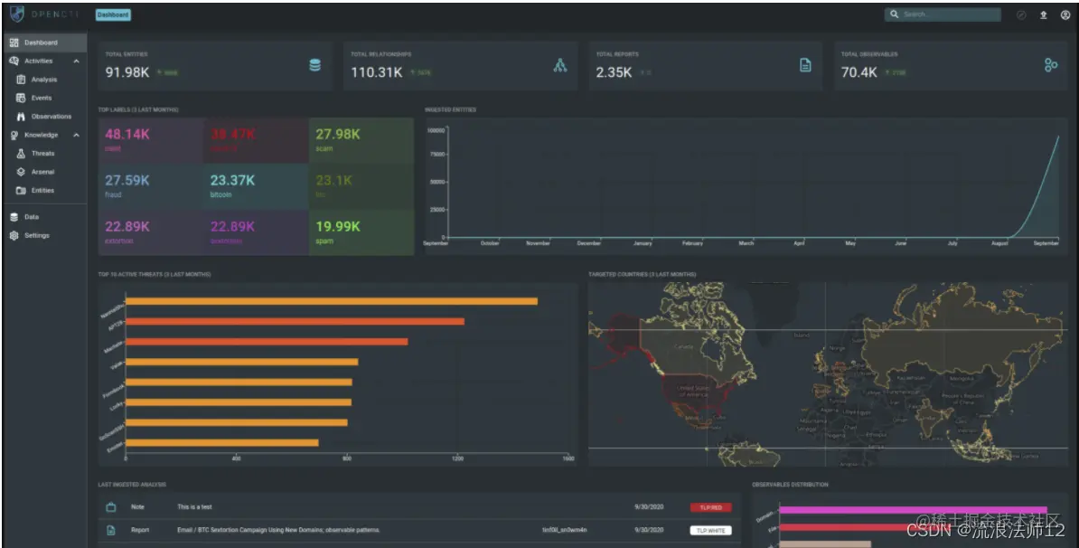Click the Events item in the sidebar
42,98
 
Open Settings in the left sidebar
37,235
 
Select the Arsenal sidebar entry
42,172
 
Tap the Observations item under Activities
51,117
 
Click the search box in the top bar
944,14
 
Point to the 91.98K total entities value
127,72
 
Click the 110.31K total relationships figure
376,72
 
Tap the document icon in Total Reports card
805,65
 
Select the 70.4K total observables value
859,72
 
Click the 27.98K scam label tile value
337,134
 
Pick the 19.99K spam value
337,226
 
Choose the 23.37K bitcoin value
232,180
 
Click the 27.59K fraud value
127,180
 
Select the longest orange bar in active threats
331,301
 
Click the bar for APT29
295,321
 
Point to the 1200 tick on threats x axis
457,458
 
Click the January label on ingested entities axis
643,243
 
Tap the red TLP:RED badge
710,507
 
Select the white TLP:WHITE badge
710,530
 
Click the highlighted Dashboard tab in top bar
113,14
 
